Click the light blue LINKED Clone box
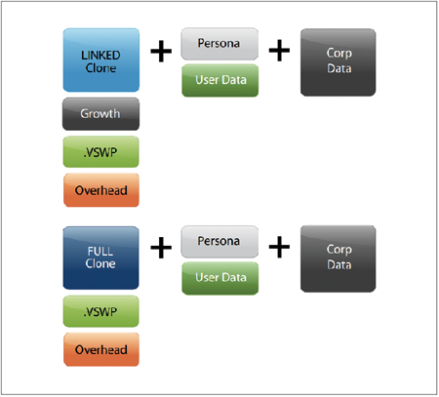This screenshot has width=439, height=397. [101, 60]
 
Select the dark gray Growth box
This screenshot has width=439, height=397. [100, 114]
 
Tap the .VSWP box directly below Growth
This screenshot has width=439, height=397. [100, 152]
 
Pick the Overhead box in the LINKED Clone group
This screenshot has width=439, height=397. [101, 190]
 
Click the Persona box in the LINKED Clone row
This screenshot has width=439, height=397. [219, 44]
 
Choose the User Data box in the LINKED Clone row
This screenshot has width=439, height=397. [220, 80]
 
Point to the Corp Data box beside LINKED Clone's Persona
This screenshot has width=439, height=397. [339, 62]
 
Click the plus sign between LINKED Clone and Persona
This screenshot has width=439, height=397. [161, 51]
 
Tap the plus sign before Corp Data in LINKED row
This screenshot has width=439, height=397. [279, 51]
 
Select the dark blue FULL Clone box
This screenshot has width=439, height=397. [100, 258]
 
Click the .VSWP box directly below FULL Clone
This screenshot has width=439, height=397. [100, 311]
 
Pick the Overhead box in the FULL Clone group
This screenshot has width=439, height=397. [101, 349]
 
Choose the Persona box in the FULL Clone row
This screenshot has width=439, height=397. [219, 242]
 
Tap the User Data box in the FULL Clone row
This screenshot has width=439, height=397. [220, 278]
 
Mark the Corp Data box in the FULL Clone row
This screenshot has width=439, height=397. [339, 258]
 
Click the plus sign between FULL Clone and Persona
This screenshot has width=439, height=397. [161, 248]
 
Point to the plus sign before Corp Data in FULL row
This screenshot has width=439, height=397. [279, 247]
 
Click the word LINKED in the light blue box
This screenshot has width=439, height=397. [100, 56]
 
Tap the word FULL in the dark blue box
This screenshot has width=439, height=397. [100, 251]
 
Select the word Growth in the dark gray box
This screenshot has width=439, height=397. [100, 113]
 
